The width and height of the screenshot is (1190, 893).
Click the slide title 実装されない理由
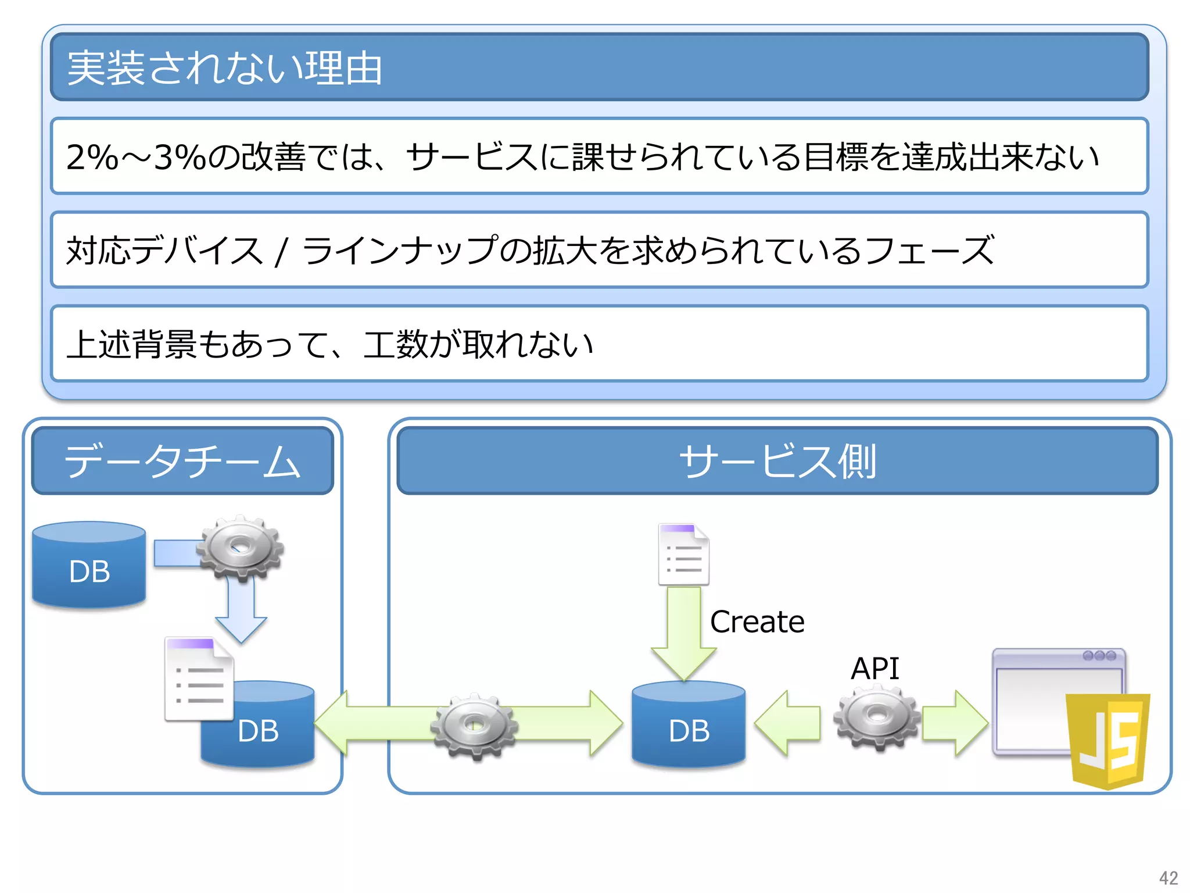pyautogui.click(x=224, y=68)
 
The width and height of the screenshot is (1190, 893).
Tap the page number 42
pyautogui.click(x=1168, y=877)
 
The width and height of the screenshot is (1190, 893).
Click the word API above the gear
pyautogui.click(x=874, y=669)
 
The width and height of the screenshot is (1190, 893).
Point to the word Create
pyautogui.click(x=757, y=622)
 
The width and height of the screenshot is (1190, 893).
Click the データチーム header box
pyautogui.click(x=182, y=461)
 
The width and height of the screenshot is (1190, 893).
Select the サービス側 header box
pyautogui.click(x=777, y=461)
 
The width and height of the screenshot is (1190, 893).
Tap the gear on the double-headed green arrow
pyautogui.click(x=474, y=726)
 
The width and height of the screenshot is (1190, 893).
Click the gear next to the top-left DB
pyautogui.click(x=240, y=548)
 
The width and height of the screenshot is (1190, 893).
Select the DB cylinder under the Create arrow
pyautogui.click(x=689, y=727)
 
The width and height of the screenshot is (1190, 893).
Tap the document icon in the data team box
pyautogui.click(x=199, y=679)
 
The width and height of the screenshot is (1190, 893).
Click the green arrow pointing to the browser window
pyautogui.click(x=954, y=723)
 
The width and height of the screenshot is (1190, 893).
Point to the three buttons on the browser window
pyautogui.click(x=1099, y=656)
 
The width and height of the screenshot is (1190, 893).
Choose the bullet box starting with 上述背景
pyautogui.click(x=599, y=344)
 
